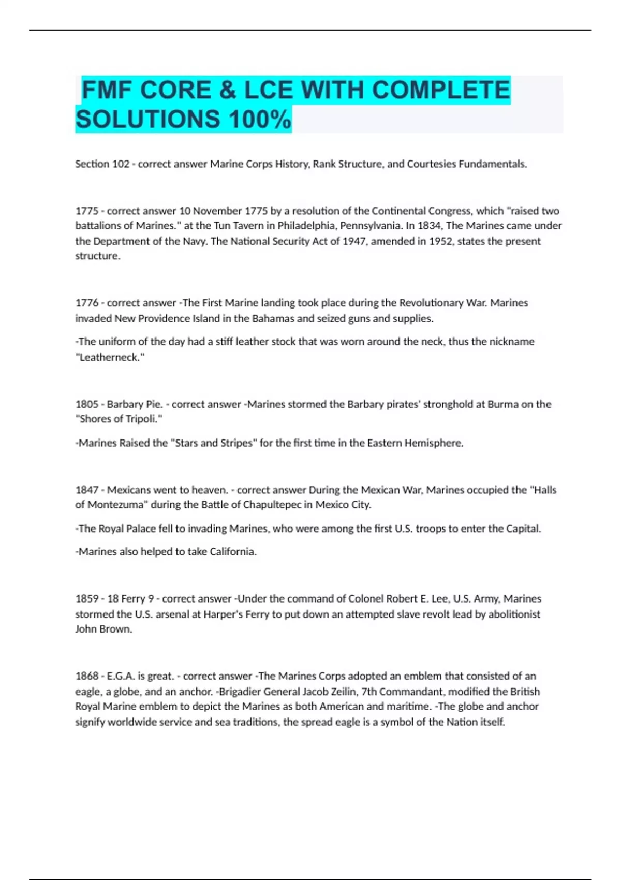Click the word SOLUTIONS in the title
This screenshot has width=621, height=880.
tap(148, 119)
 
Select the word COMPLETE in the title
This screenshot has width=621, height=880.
tap(441, 90)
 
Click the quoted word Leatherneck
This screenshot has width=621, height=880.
tap(110, 357)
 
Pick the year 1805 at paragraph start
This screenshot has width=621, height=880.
tap(86, 404)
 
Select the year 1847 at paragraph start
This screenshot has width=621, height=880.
tap(86, 490)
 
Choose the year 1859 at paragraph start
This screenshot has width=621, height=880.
tap(86, 599)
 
